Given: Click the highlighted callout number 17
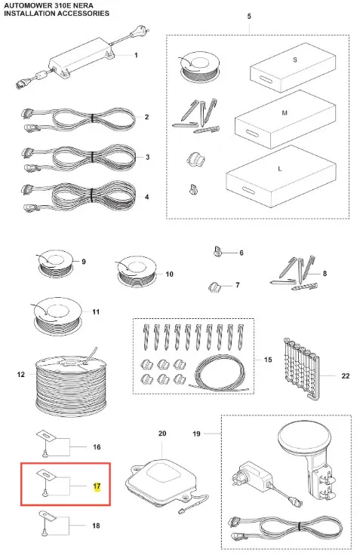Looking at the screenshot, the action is (97, 486).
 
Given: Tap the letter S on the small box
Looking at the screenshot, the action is (295, 60).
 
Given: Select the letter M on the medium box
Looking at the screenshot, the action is (285, 113).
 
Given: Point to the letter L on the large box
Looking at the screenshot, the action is (279, 169).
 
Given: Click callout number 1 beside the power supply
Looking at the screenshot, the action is (136, 55).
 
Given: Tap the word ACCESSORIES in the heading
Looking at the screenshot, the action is (84, 14).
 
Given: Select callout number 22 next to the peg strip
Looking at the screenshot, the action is (346, 376).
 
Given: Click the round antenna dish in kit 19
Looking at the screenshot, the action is (304, 438).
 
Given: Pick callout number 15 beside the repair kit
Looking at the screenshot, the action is (268, 360).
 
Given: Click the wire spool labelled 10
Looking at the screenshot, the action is (137, 271).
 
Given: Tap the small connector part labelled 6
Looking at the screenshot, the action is (217, 251).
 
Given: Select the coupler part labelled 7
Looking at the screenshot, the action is (214, 287).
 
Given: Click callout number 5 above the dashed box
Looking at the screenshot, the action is (249, 17).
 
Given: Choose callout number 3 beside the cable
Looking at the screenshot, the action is (147, 157).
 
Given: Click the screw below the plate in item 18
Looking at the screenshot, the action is (45, 532).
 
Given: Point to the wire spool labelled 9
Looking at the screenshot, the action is (55, 264).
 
